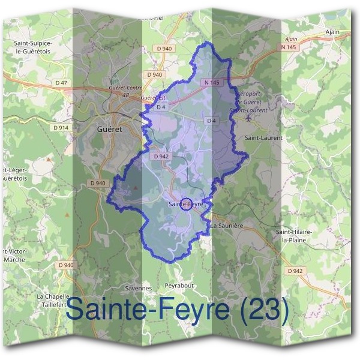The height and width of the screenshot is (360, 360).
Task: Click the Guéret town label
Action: coord(108,128)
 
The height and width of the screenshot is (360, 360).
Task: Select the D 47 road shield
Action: coord(61,82)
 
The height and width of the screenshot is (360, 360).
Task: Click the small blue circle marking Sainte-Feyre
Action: coord(186,204)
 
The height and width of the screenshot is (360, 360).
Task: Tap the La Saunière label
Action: coord(226,226)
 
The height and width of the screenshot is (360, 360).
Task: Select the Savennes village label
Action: coord(139,288)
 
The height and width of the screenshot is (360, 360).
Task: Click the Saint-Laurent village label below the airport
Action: coord(263,137)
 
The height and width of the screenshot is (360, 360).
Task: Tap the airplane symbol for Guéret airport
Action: coord(250,117)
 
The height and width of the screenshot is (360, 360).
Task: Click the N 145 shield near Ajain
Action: coord(289,46)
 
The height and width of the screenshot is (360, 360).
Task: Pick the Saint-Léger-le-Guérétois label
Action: coord(15,174)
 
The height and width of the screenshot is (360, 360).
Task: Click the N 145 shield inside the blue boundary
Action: coord(211,82)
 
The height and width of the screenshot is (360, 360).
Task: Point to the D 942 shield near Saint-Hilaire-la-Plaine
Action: coord(295,271)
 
